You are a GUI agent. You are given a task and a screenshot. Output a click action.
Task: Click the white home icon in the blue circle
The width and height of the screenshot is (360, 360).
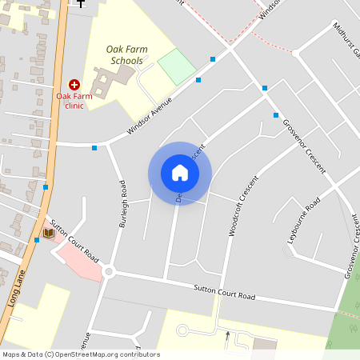click(x=180, y=173)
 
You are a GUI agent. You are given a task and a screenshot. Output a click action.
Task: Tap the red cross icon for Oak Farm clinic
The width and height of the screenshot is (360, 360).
click(x=74, y=84)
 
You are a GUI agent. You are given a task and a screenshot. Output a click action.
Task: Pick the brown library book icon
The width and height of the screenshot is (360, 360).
click(x=49, y=233)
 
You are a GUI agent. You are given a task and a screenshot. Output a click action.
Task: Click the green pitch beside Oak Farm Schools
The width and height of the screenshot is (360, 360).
click(x=177, y=66)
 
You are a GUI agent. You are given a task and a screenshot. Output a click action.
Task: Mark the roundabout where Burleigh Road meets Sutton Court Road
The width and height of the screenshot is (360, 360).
click(x=109, y=272)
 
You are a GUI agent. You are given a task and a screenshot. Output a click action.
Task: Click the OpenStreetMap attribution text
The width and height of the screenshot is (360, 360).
click(x=81, y=354)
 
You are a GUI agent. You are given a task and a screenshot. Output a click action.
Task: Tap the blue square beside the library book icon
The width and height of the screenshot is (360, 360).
click(x=37, y=239)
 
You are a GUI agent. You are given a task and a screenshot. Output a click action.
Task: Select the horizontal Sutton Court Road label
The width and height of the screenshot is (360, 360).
click(x=224, y=292)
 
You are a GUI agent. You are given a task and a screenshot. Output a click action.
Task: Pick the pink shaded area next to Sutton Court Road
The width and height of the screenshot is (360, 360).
click(x=80, y=259)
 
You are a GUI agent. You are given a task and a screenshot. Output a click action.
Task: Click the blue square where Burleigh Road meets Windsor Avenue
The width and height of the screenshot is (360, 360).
click(x=94, y=147)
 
